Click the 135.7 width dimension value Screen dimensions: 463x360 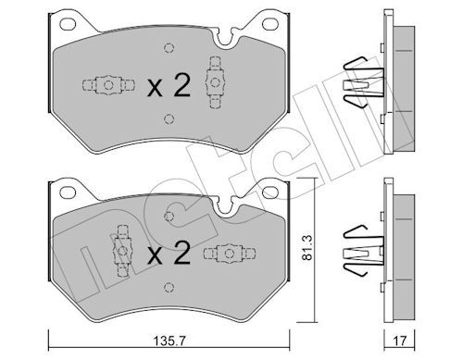(x=169, y=341)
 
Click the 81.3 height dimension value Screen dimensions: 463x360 (x=307, y=247)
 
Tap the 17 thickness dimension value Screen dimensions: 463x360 (x=400, y=341)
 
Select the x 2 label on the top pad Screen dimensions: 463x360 (x=169, y=85)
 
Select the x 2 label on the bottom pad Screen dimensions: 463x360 (x=169, y=254)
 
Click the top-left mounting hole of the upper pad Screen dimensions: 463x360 (x=68, y=24)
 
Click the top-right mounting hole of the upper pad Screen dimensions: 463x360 (x=270, y=24)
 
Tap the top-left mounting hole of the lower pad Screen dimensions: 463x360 (x=68, y=192)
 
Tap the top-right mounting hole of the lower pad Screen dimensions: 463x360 (x=270, y=192)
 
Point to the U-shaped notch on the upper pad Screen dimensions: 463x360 (x=225, y=40)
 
